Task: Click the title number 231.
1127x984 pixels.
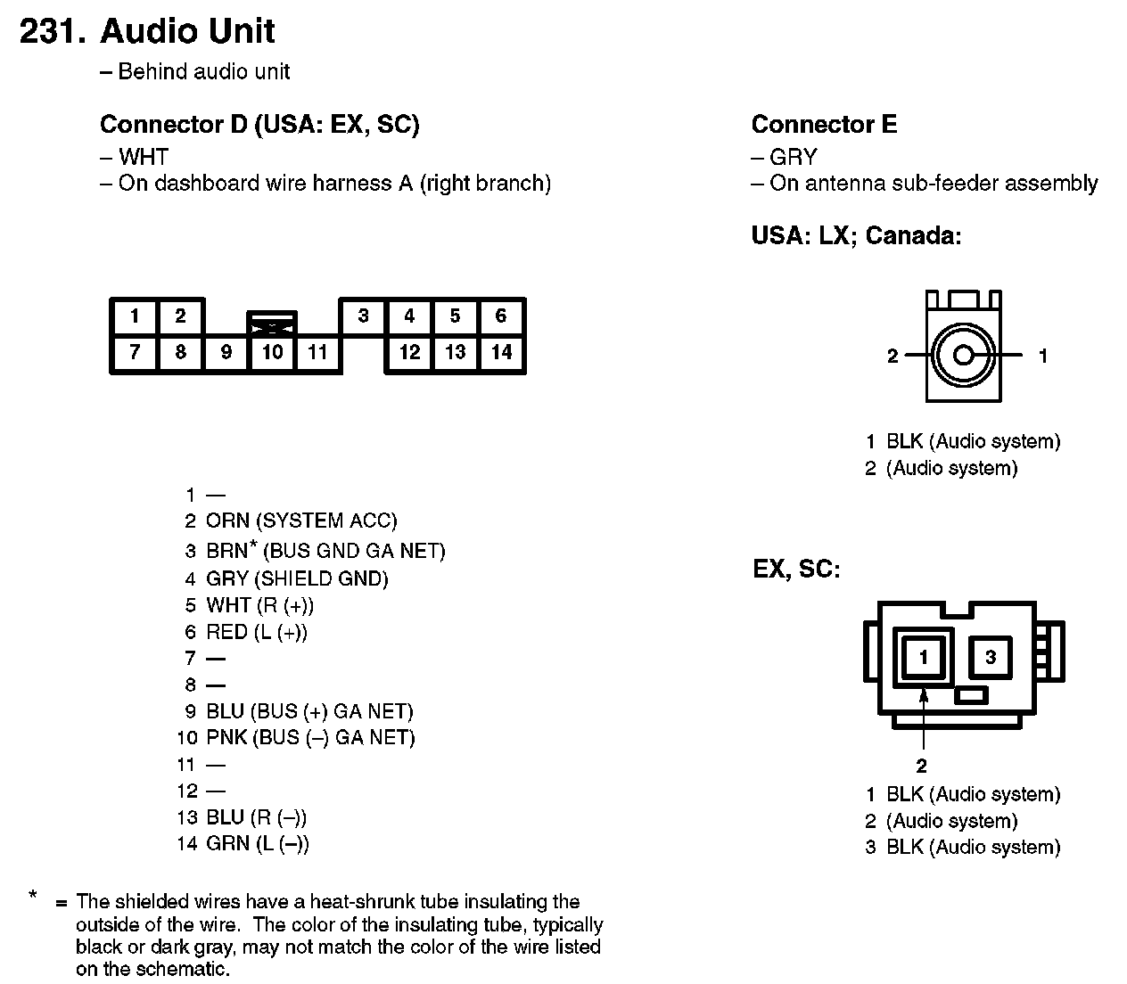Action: tap(52, 31)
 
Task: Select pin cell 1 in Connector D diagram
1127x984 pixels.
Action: tap(134, 316)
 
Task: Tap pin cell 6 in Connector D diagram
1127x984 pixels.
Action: tap(501, 316)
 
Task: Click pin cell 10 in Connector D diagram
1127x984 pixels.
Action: tap(272, 352)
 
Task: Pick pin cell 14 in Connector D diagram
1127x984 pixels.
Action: tap(501, 352)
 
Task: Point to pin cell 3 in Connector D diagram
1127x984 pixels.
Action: tap(363, 316)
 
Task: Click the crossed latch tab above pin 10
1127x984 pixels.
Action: tap(272, 324)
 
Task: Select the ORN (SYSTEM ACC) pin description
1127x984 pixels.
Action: tap(301, 521)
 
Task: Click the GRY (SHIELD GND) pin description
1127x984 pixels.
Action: tap(297, 578)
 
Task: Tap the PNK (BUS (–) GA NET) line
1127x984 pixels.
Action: tap(310, 737)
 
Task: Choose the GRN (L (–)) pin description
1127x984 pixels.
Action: tap(258, 843)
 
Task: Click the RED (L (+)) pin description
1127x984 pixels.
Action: tap(257, 632)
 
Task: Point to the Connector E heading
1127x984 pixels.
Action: tap(824, 124)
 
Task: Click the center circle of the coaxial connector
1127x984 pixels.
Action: tap(963, 356)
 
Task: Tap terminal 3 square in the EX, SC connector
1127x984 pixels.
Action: tap(991, 659)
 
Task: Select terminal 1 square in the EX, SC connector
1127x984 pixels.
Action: tap(924, 659)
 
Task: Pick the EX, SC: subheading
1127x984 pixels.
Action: tap(796, 569)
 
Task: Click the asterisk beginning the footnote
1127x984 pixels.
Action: tap(33, 895)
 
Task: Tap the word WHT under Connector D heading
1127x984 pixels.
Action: tap(144, 158)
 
